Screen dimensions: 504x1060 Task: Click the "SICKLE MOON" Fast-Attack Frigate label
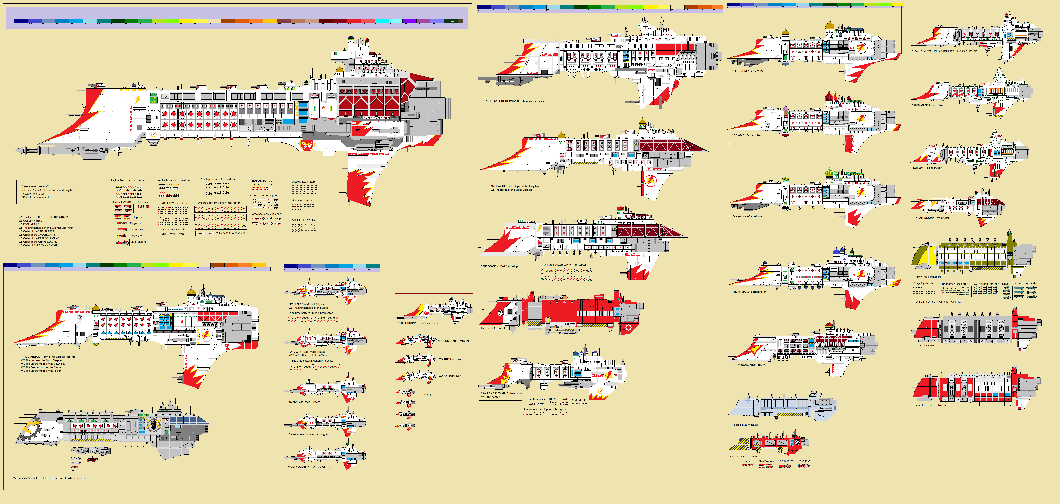coord(309,467)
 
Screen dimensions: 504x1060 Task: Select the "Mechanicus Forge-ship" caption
coord(493,328)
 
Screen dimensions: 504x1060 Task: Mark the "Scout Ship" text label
coord(425,395)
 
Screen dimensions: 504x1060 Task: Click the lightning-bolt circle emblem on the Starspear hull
coord(205,335)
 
